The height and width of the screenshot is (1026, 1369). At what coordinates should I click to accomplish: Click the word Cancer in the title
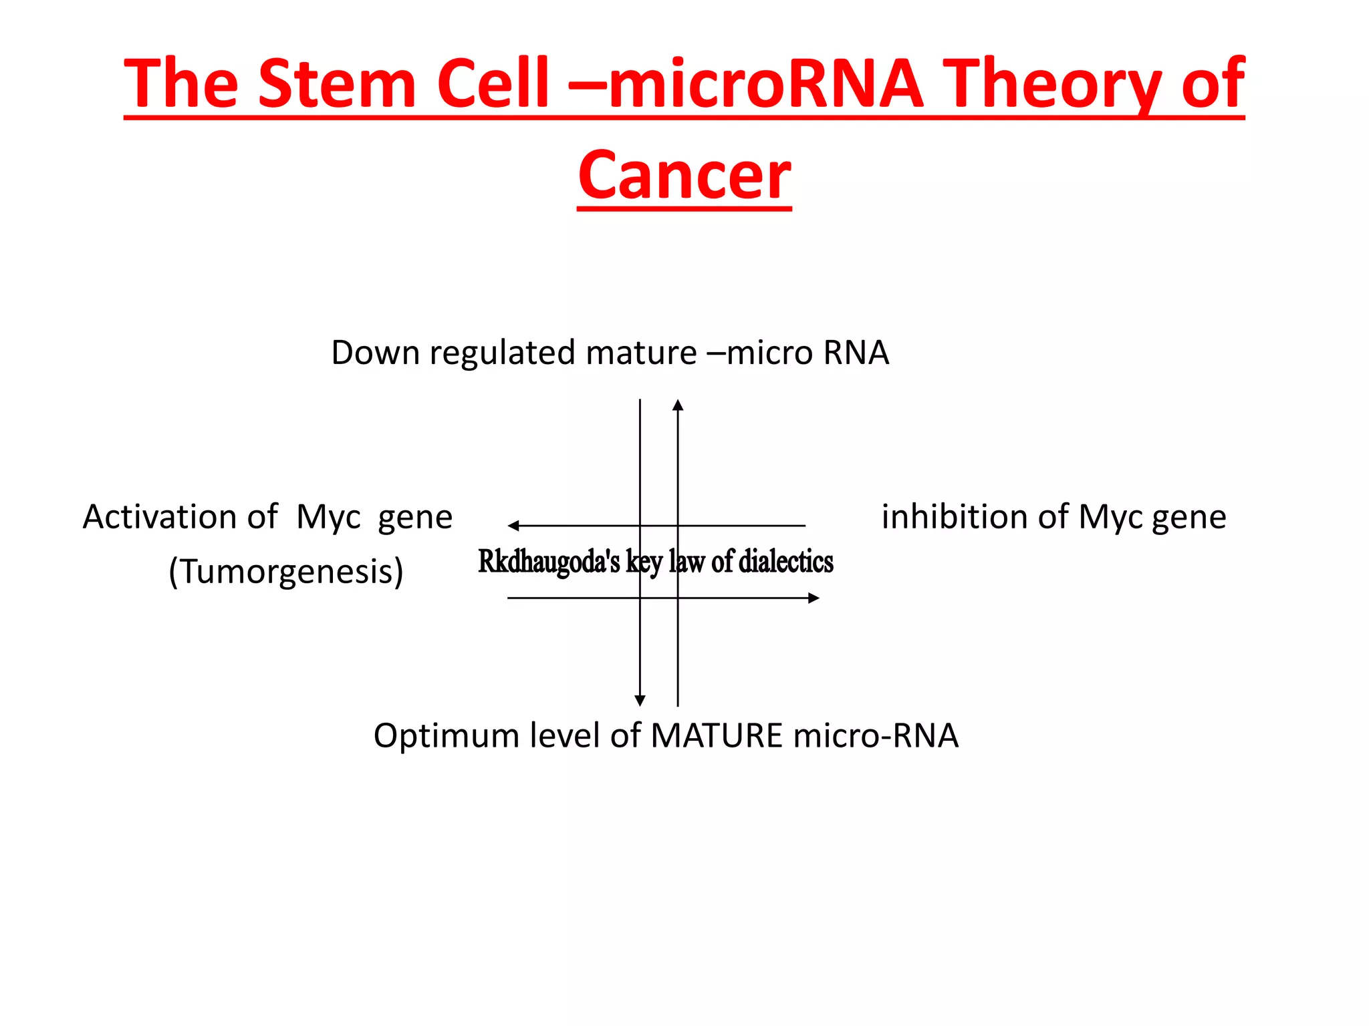[684, 175]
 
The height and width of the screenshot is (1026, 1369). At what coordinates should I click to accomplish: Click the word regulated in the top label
[502, 353]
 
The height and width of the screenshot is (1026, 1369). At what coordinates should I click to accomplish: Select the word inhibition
[953, 516]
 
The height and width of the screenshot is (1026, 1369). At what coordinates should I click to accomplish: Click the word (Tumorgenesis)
[286, 572]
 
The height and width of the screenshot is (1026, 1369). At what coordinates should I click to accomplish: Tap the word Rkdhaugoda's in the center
[549, 561]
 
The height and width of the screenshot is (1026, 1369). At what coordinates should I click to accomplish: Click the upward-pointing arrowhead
[678, 405]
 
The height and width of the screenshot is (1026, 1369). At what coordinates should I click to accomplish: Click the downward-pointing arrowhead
[640, 701]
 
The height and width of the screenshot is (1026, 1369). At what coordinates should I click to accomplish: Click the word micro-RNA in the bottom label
[876, 735]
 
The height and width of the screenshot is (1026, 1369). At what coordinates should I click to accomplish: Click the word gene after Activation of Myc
[415, 518]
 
